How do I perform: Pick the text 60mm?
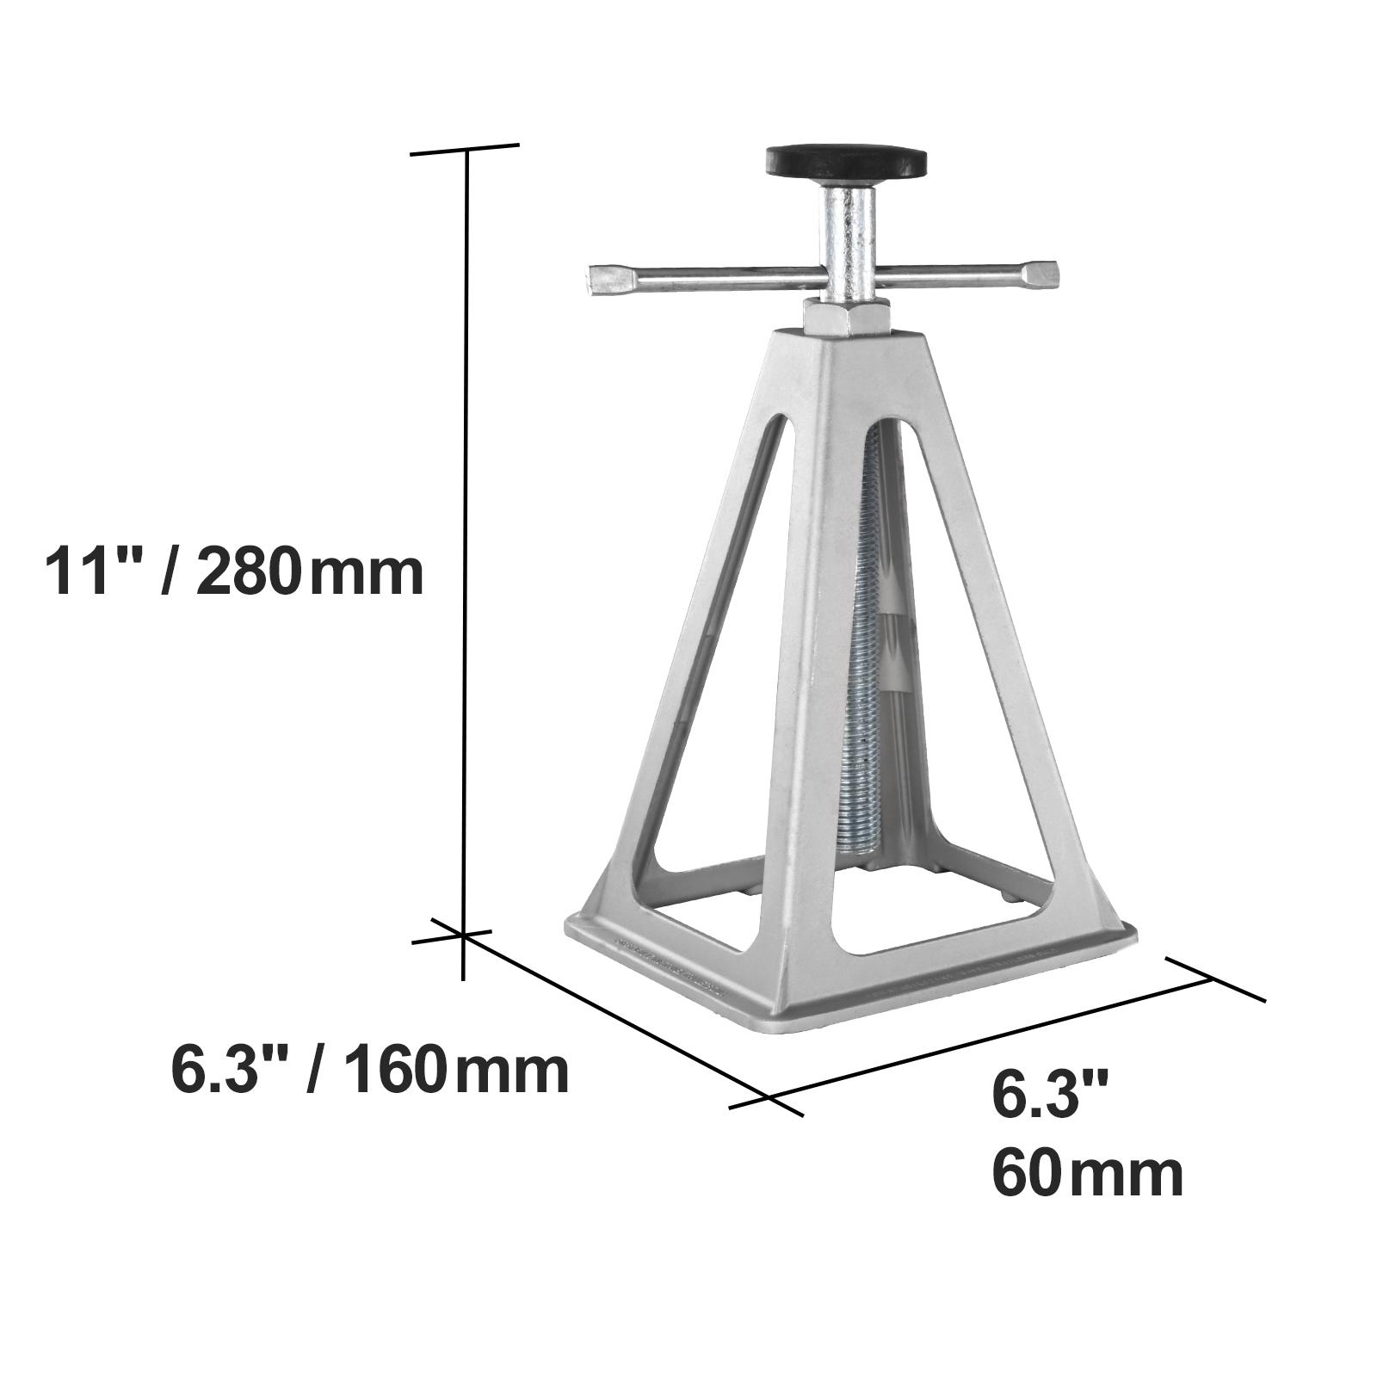[1087, 1174]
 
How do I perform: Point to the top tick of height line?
[466, 151]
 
